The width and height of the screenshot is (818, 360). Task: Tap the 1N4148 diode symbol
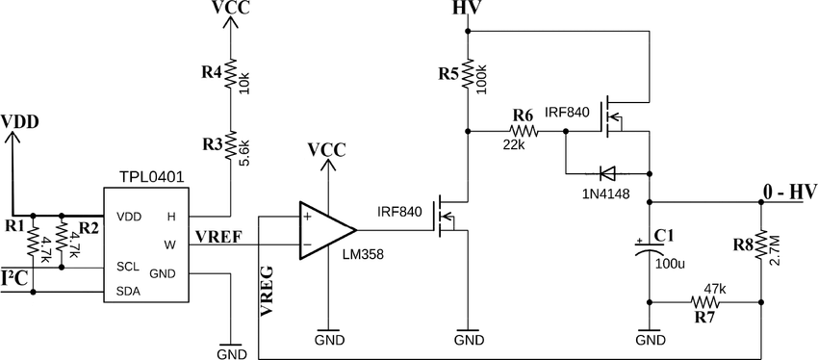point(606,173)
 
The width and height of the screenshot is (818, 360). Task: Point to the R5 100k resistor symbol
point(468,75)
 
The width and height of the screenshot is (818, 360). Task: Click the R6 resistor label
point(524,113)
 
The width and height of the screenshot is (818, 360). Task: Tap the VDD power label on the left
point(19,122)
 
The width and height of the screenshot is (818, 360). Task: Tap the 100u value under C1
point(670,262)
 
